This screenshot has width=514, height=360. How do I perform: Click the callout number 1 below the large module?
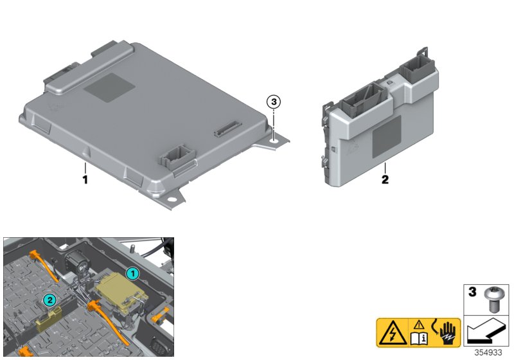(84, 179)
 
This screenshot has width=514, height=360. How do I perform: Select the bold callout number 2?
(385, 179)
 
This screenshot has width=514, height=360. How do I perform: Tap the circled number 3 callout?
(274, 102)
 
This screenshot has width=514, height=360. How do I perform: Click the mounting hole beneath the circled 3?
(274, 135)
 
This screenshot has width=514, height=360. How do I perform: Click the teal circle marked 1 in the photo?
(132, 273)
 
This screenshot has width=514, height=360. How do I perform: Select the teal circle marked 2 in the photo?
(48, 299)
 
